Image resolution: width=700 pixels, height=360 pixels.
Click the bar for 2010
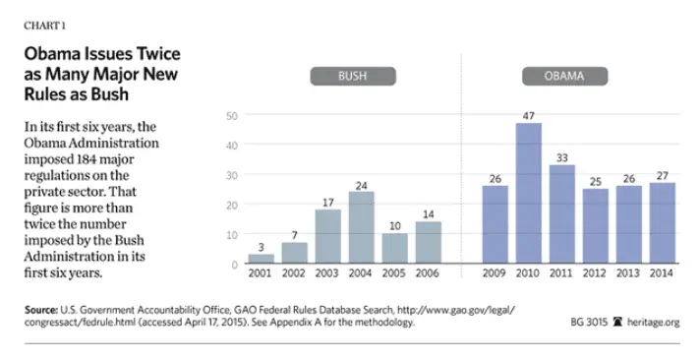528,194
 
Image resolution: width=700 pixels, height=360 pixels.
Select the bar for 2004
361,227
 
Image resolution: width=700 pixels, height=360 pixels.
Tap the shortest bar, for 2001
261,259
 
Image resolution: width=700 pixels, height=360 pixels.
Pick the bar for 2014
662,223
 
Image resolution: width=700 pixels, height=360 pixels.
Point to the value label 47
528,115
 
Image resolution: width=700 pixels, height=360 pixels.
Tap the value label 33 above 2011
561,156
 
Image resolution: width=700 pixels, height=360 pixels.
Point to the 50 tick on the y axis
232,116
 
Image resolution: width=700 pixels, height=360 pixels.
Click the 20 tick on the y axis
232,205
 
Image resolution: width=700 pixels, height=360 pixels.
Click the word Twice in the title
153,54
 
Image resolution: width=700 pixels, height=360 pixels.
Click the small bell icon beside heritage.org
616,322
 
